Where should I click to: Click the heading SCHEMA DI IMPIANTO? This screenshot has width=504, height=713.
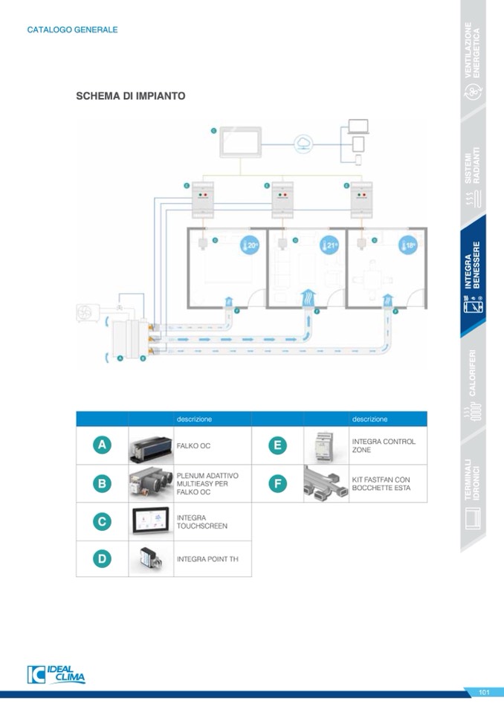(x=130, y=96)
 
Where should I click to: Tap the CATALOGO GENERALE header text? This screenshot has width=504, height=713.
(x=72, y=30)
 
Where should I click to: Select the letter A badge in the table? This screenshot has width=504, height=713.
(x=102, y=445)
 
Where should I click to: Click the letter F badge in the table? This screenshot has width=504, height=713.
(x=277, y=484)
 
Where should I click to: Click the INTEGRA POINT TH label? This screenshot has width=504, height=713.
(x=202, y=558)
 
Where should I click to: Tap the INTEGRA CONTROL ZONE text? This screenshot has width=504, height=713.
(x=384, y=445)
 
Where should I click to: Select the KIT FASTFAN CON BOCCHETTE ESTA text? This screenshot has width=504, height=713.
(x=381, y=484)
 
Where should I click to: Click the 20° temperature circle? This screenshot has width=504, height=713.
(x=249, y=246)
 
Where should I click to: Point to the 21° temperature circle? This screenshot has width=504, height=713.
(x=329, y=246)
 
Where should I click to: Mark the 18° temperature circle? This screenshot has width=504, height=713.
(x=407, y=246)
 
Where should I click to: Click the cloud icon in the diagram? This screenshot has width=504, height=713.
(x=304, y=143)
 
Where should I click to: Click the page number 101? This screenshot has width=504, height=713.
(x=484, y=693)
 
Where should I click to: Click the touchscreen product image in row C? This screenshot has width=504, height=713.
(x=151, y=521)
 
